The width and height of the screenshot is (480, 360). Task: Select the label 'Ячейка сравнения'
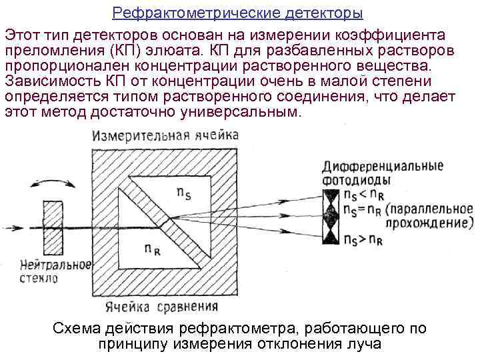(162, 307)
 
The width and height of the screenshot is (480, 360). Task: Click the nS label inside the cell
(185, 193)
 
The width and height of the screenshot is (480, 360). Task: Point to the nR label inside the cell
(152, 248)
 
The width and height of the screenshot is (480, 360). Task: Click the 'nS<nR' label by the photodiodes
(363, 195)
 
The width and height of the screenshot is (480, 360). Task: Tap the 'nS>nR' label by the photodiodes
(364, 240)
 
